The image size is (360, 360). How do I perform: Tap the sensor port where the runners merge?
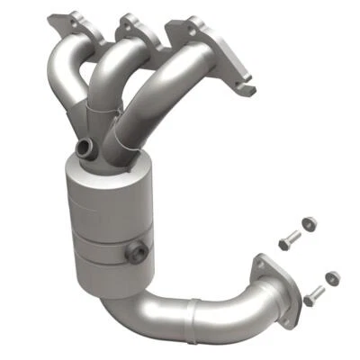(x=87, y=146)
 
